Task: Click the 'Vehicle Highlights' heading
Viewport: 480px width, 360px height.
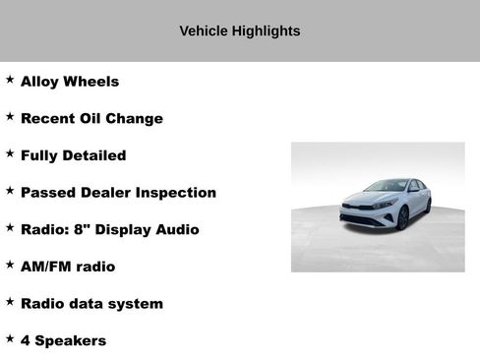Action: (x=239, y=30)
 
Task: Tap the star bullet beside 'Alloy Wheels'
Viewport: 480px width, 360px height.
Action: (x=10, y=80)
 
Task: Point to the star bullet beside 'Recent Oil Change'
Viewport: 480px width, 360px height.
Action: (x=10, y=116)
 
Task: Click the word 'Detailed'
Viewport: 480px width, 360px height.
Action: (x=95, y=155)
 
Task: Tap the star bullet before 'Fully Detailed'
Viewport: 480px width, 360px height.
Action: (x=10, y=153)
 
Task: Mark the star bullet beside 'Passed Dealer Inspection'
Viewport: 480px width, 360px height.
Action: (x=10, y=190)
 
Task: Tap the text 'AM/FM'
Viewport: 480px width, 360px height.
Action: (x=45, y=267)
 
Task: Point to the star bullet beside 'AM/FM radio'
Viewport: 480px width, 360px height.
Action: (x=10, y=264)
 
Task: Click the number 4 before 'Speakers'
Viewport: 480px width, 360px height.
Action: (x=26, y=341)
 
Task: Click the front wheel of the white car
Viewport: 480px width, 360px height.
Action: (x=401, y=217)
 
